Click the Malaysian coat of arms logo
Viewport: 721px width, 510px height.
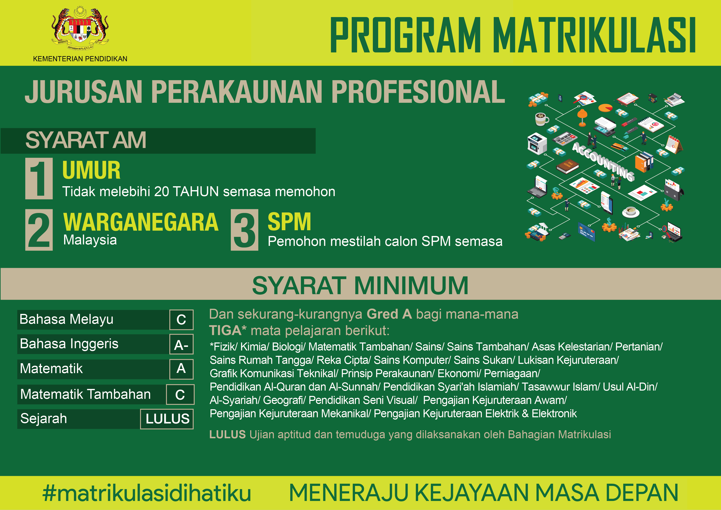coord(80,29)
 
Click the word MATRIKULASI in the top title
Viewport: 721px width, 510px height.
coord(594,35)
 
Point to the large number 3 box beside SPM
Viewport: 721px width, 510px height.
coord(244,230)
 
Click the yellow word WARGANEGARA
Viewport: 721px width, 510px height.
coord(141,222)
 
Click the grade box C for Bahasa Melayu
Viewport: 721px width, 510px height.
coord(181,320)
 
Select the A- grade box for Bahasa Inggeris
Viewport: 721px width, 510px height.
coord(181,344)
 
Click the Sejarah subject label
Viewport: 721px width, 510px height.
coord(44,418)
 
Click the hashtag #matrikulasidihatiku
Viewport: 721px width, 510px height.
coord(147,493)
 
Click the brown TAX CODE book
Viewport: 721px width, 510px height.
coord(567,167)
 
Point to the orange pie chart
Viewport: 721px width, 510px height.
coord(605,108)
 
